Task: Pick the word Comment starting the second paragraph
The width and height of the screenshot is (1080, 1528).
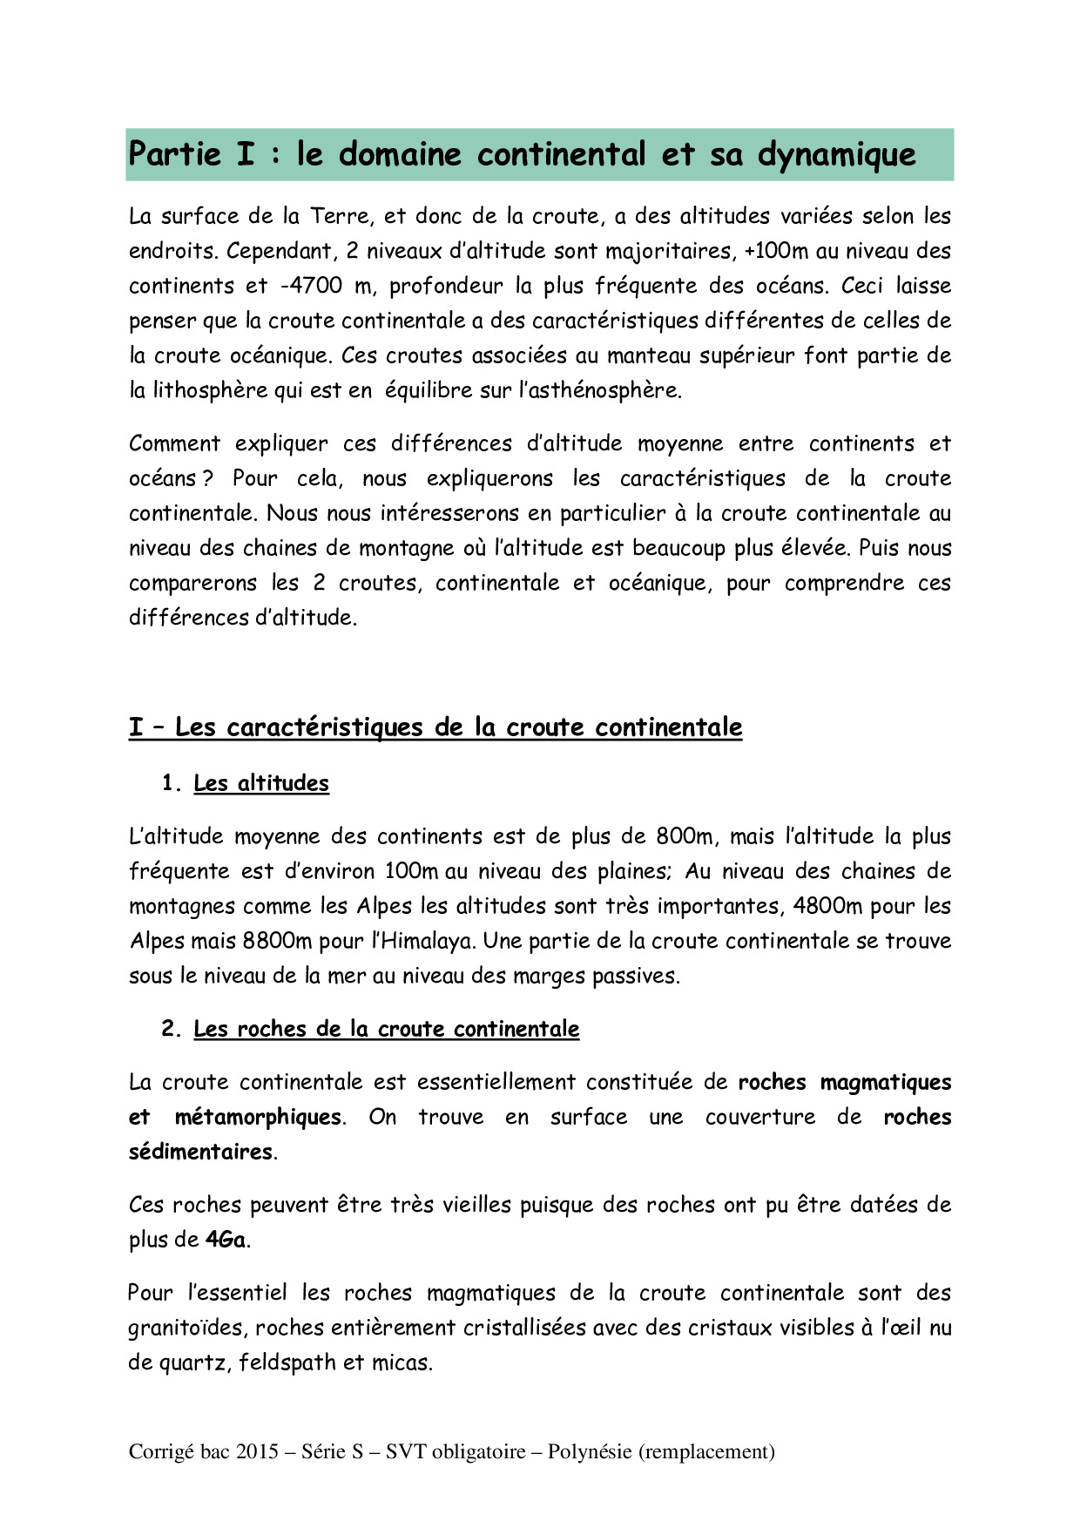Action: coord(174,443)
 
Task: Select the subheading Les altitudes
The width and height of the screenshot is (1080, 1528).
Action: coord(261,783)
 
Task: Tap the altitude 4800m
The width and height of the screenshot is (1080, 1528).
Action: coord(827,906)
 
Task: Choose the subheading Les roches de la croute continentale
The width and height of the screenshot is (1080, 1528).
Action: coord(386,1029)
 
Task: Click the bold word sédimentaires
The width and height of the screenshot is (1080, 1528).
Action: coord(201,1152)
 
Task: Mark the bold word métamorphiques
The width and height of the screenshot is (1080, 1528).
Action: coord(258,1117)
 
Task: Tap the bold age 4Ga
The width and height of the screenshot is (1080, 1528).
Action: coord(226,1240)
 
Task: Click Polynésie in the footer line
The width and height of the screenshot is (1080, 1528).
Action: coord(589,1451)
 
